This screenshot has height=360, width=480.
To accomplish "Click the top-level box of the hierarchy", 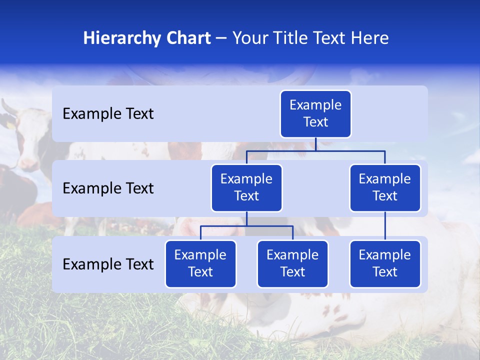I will tap(315, 114).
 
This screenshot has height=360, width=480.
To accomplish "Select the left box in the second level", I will tap(246, 188).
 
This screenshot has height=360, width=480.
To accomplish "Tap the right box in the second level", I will tap(385, 188).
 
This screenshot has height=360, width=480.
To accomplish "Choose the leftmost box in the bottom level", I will tap(200, 264).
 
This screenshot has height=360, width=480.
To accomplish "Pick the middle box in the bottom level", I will tap(292, 264).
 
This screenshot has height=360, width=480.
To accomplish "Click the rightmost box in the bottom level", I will tap(385, 264).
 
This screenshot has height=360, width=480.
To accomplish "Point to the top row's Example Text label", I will tap(108, 114).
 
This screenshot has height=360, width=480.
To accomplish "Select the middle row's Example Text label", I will tap(108, 188).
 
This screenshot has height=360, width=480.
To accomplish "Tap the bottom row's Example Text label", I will tap(108, 264).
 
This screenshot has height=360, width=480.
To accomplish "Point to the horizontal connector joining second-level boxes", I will tap(350, 150).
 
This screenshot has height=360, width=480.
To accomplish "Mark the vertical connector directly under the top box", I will tap(315, 144).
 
